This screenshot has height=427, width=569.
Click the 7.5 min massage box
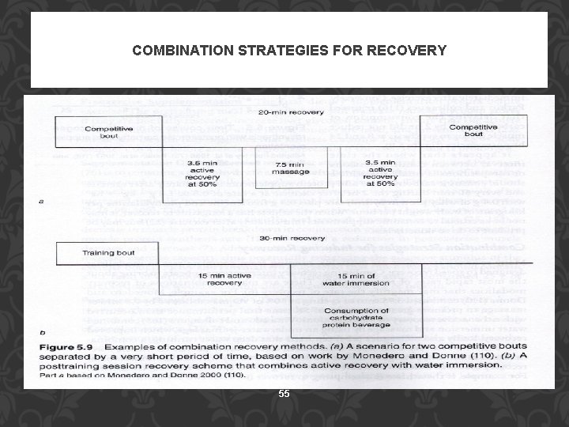tap(280, 168)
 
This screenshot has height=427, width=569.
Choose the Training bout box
tap(109, 253)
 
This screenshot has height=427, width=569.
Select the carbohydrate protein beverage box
tap(356, 317)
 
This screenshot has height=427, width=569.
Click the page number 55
tap(284, 393)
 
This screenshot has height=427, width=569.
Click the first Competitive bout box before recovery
tap(109, 131)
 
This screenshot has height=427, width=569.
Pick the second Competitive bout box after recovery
tap(473, 130)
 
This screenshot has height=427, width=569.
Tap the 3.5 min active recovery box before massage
tap(203, 172)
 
